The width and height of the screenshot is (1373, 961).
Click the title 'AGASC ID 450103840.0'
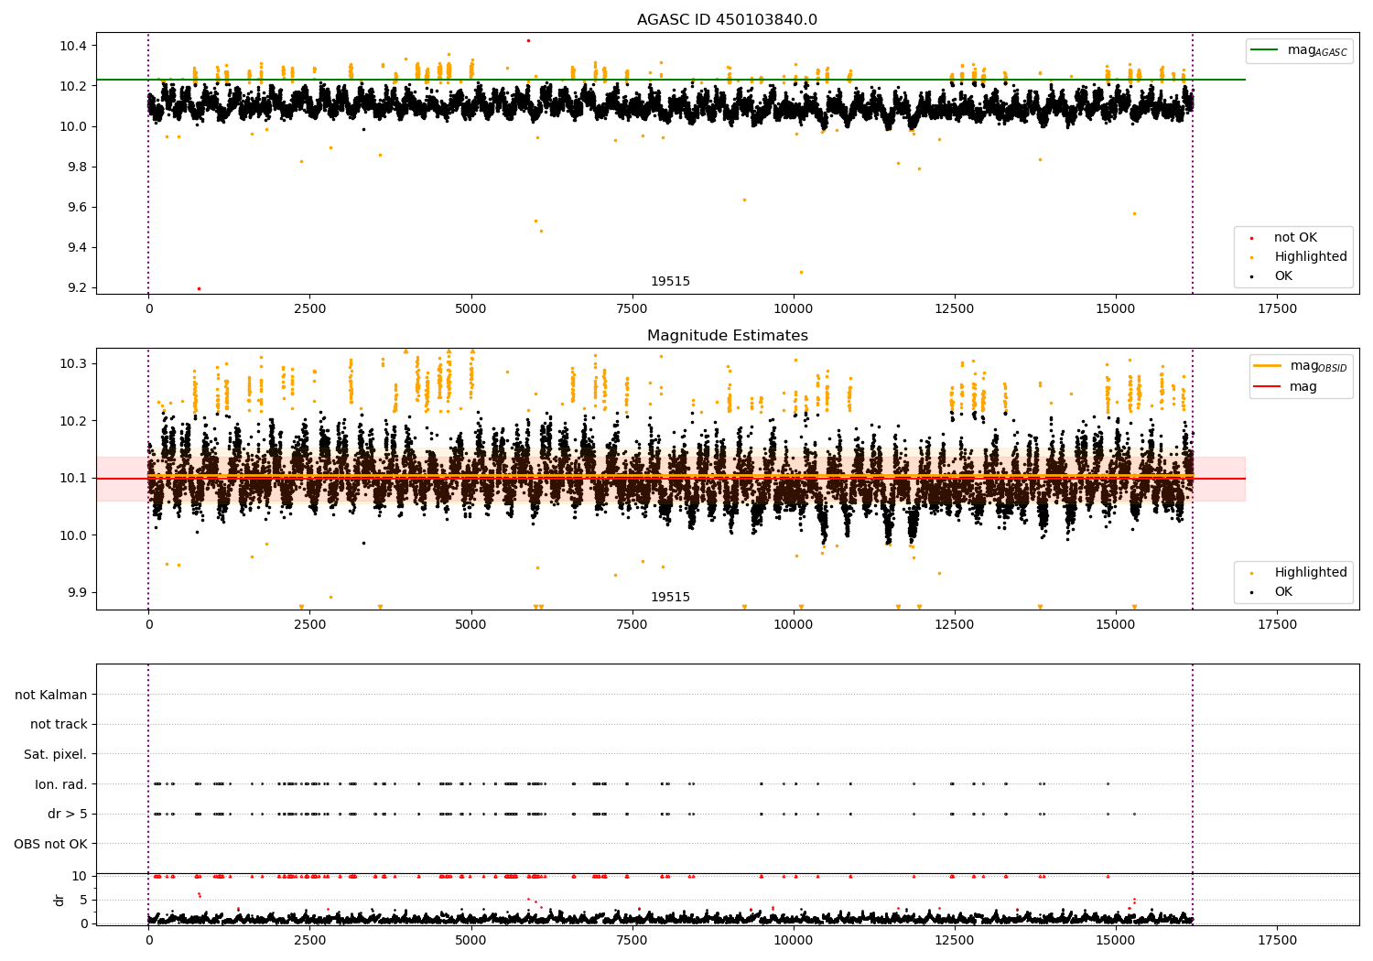tap(727, 19)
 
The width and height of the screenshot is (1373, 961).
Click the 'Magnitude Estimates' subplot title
tap(728, 335)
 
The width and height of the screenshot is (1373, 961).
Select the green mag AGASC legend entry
tap(1299, 50)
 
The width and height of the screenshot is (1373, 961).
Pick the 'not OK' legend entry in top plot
tap(1284, 237)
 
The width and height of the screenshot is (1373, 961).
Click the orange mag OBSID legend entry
tap(1300, 366)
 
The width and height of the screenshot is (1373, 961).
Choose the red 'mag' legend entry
tap(1285, 387)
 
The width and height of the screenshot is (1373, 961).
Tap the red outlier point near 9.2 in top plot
tap(200, 288)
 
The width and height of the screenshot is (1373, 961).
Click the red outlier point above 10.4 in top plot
tap(528, 41)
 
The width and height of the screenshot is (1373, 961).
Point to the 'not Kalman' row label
tap(51, 695)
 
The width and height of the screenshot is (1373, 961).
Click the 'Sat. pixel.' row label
tap(55, 754)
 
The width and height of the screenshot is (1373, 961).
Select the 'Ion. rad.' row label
tap(60, 784)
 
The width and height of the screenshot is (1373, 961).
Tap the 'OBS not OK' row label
tap(51, 844)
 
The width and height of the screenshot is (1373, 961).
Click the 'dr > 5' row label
tap(68, 814)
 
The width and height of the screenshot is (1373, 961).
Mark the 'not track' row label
tap(59, 725)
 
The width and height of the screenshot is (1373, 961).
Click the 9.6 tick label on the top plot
tap(72, 207)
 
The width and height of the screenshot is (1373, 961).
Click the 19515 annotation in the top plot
tap(671, 281)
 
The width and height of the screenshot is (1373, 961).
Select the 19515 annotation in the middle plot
tap(671, 597)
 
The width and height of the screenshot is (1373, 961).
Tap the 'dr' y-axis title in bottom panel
tap(59, 900)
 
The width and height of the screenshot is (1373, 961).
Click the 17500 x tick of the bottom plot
tap(1278, 941)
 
